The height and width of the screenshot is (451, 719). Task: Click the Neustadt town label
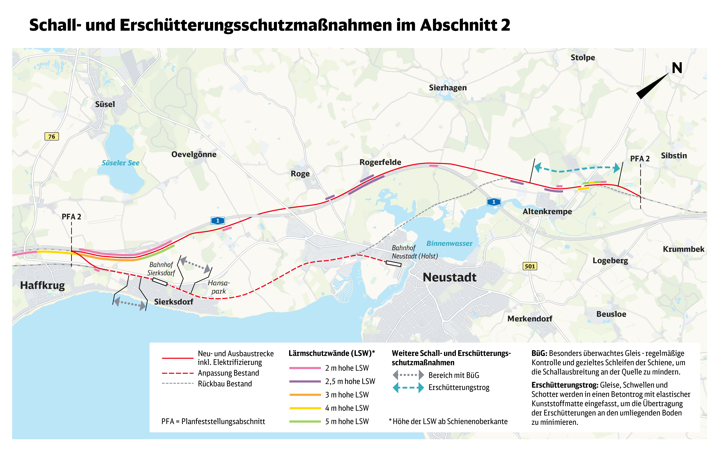click(449, 277)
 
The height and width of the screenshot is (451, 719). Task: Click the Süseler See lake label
click(121, 163)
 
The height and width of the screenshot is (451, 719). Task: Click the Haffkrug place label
click(42, 285)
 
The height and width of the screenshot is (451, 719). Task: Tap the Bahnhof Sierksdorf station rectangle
click(160, 282)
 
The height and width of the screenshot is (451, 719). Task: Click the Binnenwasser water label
click(449, 243)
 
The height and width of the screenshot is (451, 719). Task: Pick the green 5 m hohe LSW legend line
click(305, 421)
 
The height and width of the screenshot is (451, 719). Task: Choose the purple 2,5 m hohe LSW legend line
click(305, 381)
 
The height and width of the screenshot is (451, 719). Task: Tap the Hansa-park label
click(219, 287)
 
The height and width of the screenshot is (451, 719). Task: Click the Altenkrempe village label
click(547, 211)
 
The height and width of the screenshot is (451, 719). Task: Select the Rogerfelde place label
click(380, 162)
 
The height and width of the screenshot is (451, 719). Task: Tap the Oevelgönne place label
click(194, 154)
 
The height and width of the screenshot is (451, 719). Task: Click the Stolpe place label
click(582, 58)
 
